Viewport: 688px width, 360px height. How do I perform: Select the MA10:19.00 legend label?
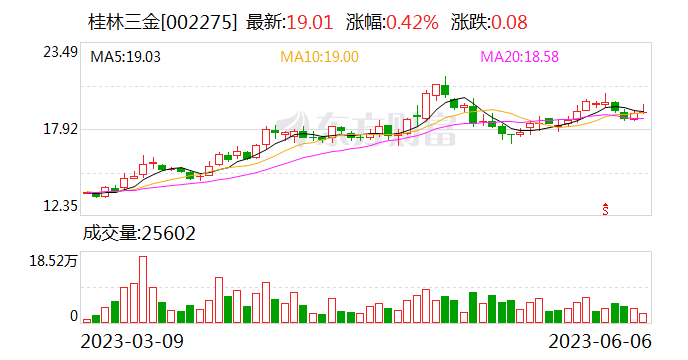click(318, 58)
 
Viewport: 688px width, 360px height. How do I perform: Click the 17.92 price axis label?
click(60, 129)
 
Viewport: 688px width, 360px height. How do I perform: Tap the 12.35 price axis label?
click(60, 206)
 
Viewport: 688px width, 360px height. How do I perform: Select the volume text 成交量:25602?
click(139, 234)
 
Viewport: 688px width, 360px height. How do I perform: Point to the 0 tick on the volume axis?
click(73, 316)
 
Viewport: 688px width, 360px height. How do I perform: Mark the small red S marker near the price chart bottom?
click(605, 208)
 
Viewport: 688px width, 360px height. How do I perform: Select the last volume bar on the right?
click(643, 317)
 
